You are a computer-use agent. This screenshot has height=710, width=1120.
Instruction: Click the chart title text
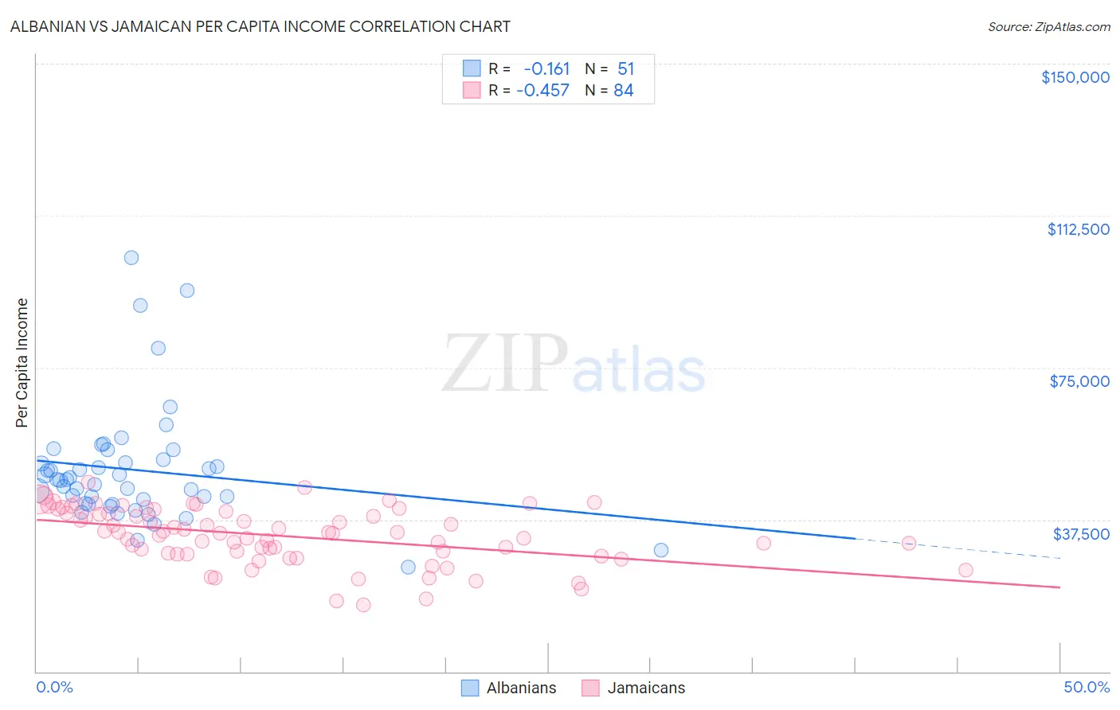point(260,26)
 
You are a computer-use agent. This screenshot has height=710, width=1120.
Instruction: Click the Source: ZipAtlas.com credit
point(1048,26)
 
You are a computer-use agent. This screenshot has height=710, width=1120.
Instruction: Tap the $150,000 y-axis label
point(1075,77)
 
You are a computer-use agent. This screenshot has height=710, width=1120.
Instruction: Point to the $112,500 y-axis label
point(1078,229)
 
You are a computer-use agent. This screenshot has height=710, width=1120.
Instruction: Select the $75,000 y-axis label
point(1079,381)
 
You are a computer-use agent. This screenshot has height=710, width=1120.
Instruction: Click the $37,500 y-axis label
point(1080,533)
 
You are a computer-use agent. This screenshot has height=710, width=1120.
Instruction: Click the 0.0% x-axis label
point(54,687)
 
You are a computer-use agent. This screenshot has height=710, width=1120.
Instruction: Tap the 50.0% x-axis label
point(1086,687)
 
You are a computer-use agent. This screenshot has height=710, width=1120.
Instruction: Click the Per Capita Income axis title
point(22,362)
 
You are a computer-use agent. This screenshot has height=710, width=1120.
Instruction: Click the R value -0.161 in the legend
point(546,68)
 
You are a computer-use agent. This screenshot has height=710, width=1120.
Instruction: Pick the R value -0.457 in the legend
point(542,91)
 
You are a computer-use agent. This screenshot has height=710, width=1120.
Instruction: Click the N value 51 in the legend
point(625,68)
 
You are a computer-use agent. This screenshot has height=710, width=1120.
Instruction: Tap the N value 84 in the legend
point(623,91)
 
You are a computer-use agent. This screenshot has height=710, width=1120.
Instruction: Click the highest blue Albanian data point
point(131,257)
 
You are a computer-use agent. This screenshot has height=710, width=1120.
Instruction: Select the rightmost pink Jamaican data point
point(965,570)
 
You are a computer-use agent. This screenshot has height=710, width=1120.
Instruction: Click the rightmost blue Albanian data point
point(660,550)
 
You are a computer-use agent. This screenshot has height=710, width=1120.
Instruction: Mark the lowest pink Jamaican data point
point(363,605)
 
